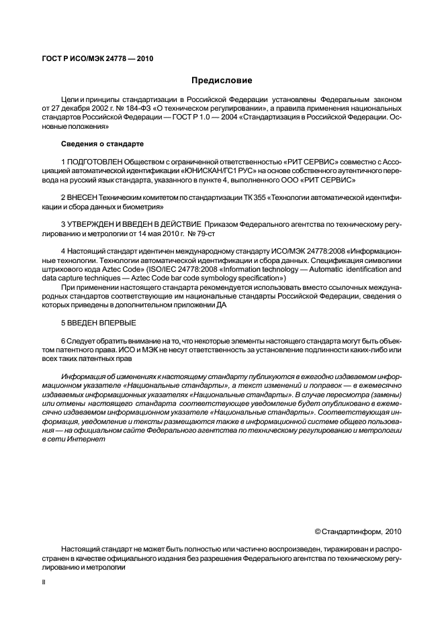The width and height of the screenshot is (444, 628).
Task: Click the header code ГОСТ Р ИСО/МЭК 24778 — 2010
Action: [x=98, y=58]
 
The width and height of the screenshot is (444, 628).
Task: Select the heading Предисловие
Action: [x=222, y=81]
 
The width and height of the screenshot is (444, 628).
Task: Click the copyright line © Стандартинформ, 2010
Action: [x=357, y=532]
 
